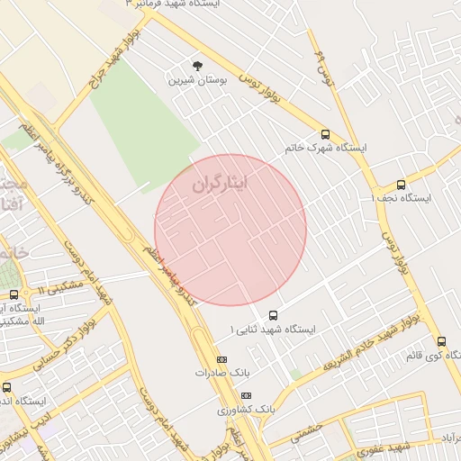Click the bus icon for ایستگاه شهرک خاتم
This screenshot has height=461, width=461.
(x=325, y=132)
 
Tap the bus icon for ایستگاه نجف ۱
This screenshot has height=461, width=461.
(x=401, y=184)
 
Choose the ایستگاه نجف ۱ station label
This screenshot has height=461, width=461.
(x=402, y=198)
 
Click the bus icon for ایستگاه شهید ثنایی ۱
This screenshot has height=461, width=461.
(x=273, y=315)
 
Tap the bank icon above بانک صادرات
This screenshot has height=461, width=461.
(x=221, y=358)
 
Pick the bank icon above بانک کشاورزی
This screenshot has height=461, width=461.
(x=246, y=395)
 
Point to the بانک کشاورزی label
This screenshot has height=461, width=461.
(x=245, y=409)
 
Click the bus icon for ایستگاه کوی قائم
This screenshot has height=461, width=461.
(x=441, y=341)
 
